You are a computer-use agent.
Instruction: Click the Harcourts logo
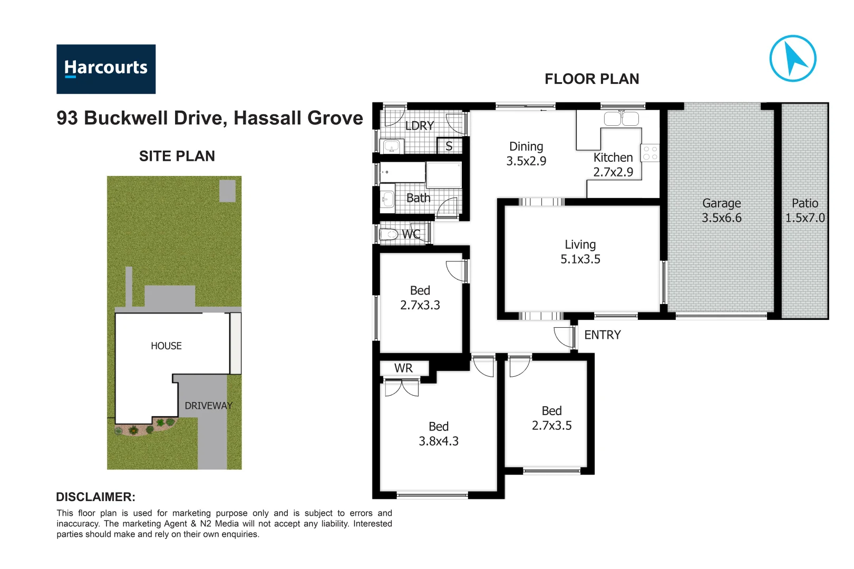click(106, 69)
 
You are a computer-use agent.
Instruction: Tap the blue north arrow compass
click(792, 58)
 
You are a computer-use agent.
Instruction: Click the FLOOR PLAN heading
click(591, 79)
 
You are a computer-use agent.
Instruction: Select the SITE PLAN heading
click(177, 156)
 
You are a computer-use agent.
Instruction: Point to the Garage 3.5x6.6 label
click(721, 210)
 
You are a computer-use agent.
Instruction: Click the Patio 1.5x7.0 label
click(804, 210)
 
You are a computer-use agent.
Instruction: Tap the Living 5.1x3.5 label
click(580, 252)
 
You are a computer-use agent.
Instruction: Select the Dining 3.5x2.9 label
click(526, 154)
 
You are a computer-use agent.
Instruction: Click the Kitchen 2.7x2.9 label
click(613, 165)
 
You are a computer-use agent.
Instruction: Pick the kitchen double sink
click(621, 119)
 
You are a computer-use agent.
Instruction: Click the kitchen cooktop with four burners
click(650, 153)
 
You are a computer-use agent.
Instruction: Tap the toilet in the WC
click(389, 234)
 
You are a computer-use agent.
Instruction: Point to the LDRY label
click(420, 126)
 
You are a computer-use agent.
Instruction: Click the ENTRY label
click(602, 335)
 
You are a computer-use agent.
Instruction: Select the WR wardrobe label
click(403, 368)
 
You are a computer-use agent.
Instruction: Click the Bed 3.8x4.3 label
click(438, 434)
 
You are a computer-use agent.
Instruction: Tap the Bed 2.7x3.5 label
click(551, 418)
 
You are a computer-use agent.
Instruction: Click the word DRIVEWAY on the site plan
click(208, 406)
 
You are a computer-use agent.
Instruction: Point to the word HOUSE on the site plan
click(166, 346)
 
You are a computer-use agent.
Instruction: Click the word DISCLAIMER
click(95, 497)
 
